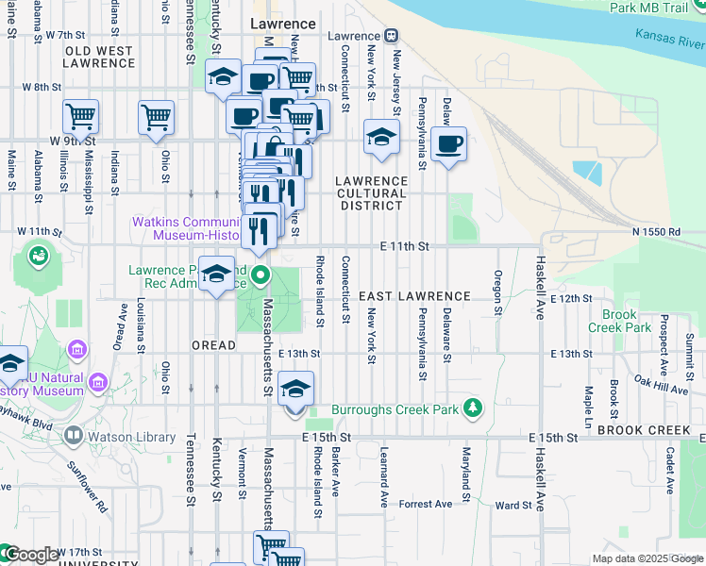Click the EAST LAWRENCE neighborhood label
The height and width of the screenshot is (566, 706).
tap(413, 296)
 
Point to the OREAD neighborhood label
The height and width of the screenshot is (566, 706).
tap(213, 345)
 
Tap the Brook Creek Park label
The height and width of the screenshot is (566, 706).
tap(626, 321)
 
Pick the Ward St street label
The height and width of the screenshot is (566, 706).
tap(513, 506)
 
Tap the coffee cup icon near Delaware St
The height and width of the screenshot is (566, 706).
tap(449, 144)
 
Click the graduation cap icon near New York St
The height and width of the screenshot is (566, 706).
tap(381, 139)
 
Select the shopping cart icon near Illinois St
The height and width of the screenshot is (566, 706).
tap(80, 117)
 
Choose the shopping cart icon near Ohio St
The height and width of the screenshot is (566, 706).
tap(156, 118)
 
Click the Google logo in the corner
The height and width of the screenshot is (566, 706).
tap(30, 555)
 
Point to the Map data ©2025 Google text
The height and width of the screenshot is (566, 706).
tap(647, 558)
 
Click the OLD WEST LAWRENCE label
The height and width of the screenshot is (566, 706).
tap(100, 57)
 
